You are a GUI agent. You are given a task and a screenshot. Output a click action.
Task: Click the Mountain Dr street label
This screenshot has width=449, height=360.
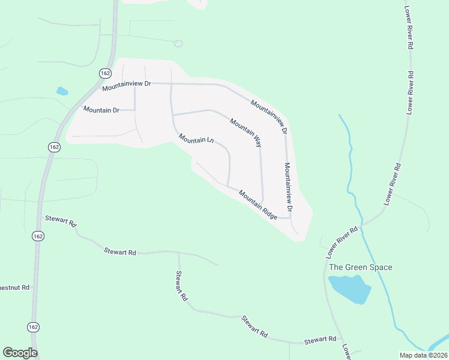point(101,109)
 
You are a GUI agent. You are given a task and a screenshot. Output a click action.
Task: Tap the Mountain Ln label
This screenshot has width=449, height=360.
point(196,139)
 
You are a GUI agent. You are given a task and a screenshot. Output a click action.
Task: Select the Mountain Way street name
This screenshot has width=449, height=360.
point(246,133)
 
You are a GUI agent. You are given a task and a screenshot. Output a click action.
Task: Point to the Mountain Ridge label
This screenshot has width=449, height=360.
point(258,205)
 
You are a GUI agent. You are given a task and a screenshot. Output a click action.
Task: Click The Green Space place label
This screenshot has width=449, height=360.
point(360,267)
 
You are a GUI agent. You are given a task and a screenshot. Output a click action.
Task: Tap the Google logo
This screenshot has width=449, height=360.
point(20,353)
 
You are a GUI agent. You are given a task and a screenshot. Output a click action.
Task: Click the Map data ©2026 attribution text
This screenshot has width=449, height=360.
point(423,355)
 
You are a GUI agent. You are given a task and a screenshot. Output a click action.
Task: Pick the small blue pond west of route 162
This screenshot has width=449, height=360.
point(62,92)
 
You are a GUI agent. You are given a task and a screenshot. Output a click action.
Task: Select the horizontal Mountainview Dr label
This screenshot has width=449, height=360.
point(126,86)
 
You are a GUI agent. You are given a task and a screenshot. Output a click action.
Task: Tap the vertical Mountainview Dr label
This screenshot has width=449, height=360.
point(288,187)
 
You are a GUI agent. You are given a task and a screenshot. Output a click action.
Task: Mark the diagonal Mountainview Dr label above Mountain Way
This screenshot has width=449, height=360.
point(270,116)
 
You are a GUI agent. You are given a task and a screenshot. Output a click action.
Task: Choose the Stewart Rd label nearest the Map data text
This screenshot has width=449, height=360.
point(320,340)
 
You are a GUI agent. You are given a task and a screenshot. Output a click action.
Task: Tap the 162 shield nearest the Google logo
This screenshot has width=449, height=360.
point(34,327)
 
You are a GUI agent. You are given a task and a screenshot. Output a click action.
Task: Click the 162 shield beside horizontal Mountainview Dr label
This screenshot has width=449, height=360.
point(105,73)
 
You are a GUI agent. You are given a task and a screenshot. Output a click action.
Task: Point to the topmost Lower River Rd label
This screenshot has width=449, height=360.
point(409,29)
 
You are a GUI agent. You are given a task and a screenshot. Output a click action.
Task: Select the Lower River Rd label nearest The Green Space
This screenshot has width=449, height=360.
point(342,242)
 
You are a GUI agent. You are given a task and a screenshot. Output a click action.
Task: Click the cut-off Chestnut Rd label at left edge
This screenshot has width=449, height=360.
point(14,287)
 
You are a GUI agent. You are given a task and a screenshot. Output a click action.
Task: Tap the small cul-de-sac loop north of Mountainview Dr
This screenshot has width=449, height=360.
point(178,43)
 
